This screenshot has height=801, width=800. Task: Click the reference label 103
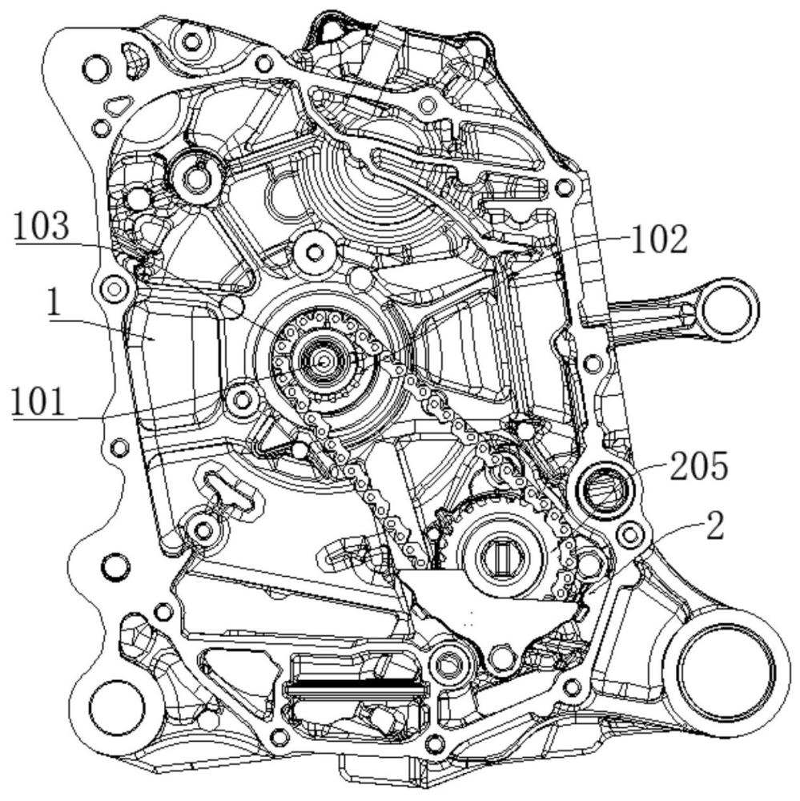(42, 227)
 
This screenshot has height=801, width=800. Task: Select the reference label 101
(38, 402)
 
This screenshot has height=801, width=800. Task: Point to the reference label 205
(698, 466)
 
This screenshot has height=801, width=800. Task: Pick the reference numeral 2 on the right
(714, 526)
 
